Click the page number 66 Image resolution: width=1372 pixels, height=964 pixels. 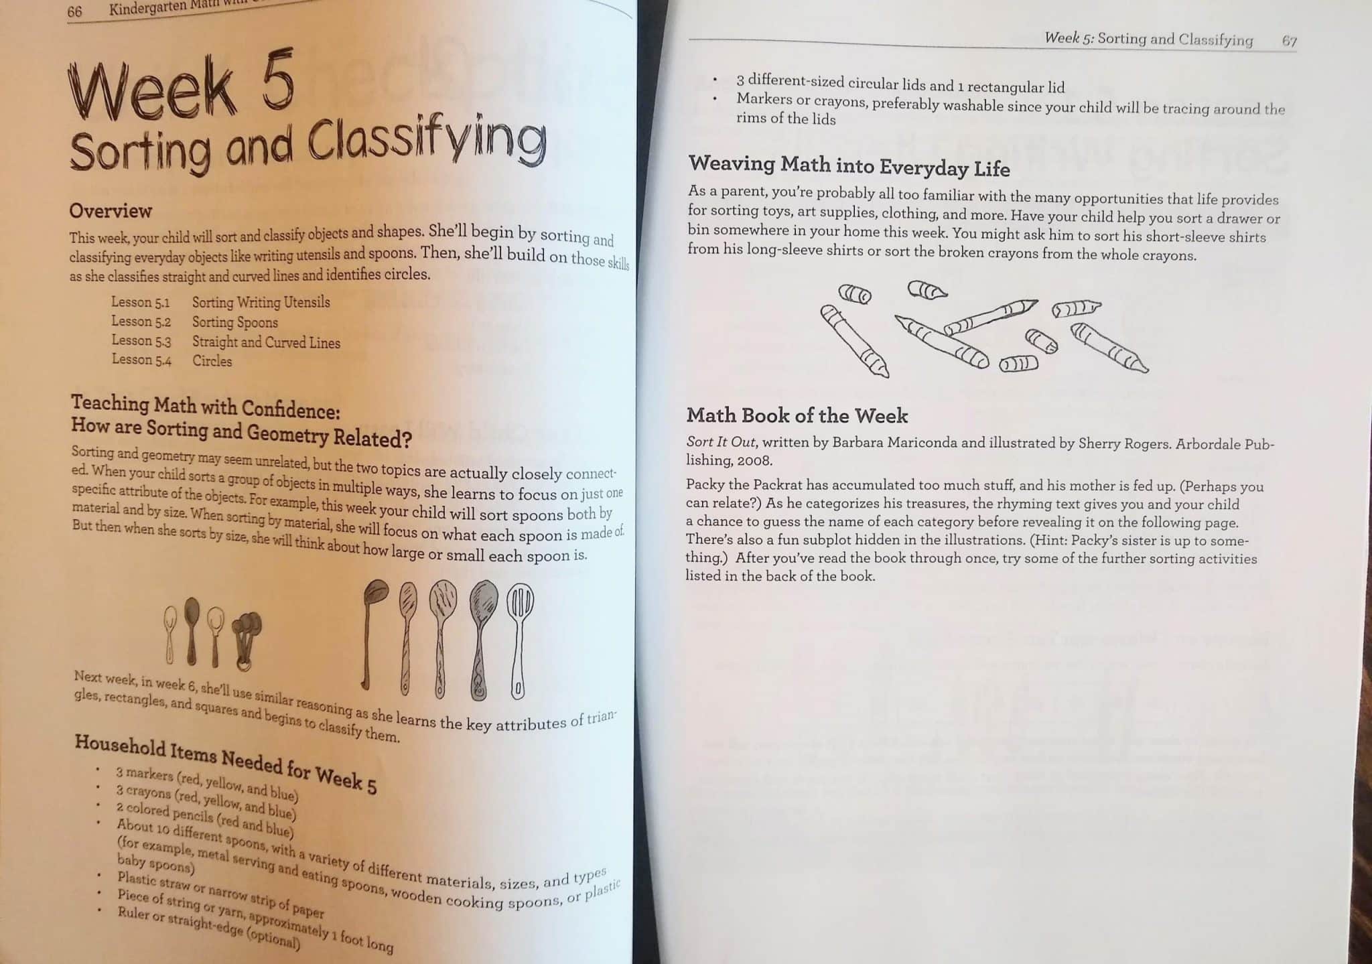click(74, 11)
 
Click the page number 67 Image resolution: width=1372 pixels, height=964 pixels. click(1289, 41)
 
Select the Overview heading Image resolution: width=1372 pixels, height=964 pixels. click(111, 211)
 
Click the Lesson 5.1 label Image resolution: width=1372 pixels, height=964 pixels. click(140, 302)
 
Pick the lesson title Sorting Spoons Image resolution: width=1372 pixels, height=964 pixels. click(234, 322)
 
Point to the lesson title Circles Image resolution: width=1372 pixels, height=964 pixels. click(212, 361)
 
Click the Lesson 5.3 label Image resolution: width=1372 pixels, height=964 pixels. click(141, 341)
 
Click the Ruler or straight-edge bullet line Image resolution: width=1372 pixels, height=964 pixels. click(208, 928)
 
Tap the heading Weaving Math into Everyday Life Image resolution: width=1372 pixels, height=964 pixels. click(849, 165)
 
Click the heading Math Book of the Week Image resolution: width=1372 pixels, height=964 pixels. click(797, 416)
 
